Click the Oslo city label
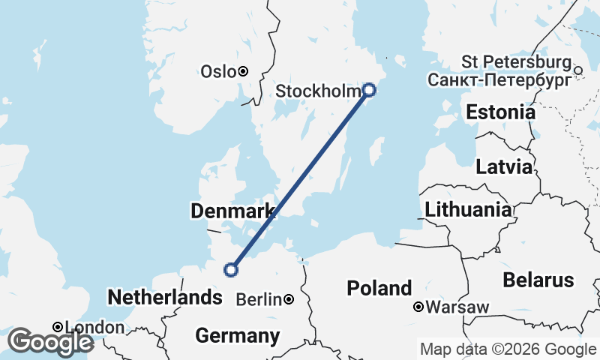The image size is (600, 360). point(217,72)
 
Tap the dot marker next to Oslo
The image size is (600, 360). point(243,72)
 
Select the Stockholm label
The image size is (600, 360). point(319,91)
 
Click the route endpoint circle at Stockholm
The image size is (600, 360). point(369,90)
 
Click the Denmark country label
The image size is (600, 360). point(232,212)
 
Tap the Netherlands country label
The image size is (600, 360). point(165,298)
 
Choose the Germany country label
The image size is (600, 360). point(237,335)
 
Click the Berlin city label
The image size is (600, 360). point(259,300)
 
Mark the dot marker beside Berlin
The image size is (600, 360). point(289,300)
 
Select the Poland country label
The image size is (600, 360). point(379,288)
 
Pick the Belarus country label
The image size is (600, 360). point(538,280)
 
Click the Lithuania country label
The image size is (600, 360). point(468,210)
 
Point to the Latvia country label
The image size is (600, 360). point(504,166)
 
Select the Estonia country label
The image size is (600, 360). point(501,113)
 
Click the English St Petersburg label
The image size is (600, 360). point(517,61)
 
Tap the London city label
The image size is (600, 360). point(95,328)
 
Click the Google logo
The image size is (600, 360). point(50,342)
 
